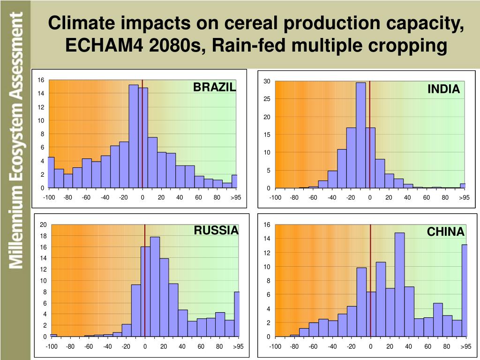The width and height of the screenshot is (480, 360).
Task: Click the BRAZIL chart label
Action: click(215, 87)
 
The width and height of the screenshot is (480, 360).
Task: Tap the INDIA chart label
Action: click(443, 89)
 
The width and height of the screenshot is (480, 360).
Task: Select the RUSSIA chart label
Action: click(216, 230)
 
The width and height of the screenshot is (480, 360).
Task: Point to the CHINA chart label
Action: click(445, 232)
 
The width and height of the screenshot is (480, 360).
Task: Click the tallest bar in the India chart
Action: click(360, 135)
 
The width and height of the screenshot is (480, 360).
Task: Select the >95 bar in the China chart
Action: click(465, 291)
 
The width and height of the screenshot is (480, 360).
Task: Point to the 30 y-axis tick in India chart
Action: click(267, 82)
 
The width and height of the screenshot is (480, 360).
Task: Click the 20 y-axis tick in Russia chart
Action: click(43, 225)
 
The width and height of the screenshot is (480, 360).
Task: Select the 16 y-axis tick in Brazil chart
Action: click(41, 80)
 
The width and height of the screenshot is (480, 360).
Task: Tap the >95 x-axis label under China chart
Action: click(465, 346)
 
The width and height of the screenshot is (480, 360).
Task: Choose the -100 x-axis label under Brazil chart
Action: click(49, 197)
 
